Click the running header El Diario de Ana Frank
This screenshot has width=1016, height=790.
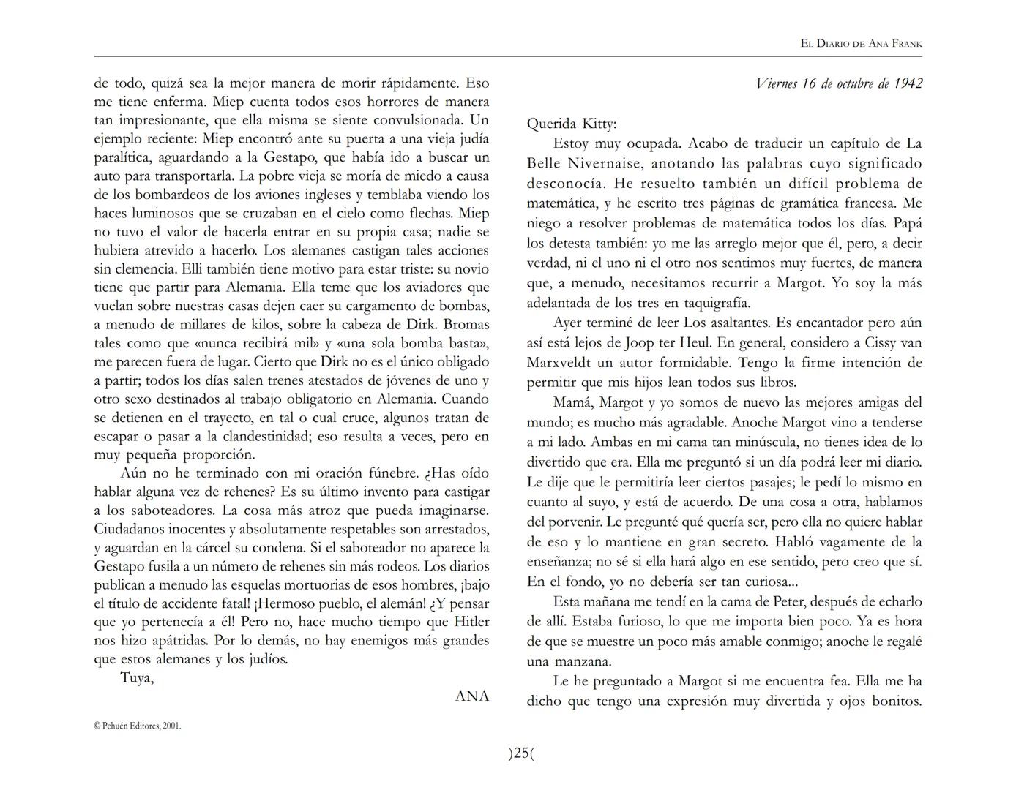(861, 44)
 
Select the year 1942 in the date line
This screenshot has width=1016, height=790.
(907, 83)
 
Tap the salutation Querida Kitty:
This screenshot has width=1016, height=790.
(572, 124)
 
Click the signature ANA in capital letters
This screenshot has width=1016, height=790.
(472, 696)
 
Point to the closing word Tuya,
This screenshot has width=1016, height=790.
(137, 677)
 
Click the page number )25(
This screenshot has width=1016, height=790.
(521, 753)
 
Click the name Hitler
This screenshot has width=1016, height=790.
(468, 622)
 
